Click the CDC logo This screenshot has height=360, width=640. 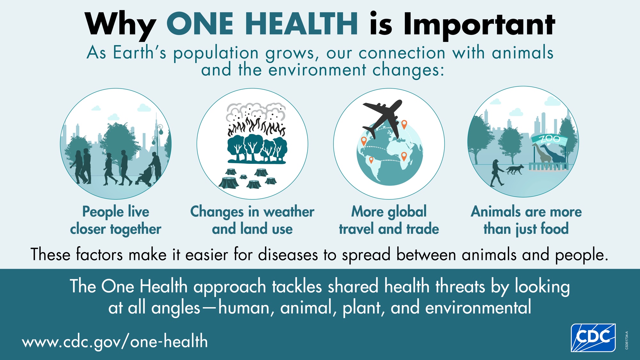pos(593,338)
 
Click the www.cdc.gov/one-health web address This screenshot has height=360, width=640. pos(115,341)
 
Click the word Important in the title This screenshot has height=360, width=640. pos(479,25)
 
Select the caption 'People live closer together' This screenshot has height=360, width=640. pos(116,220)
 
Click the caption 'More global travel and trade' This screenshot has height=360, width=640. pos(389,220)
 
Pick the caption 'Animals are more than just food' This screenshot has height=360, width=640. pos(526,220)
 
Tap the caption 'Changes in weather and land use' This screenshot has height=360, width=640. pos(252,220)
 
